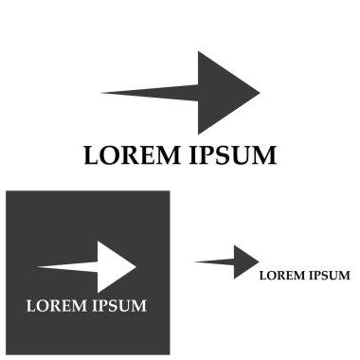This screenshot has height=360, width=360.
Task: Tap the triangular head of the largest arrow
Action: pyautogui.click(x=223, y=93)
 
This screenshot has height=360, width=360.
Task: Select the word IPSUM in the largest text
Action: pyautogui.click(x=232, y=154)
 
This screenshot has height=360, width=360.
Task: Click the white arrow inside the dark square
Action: pyautogui.click(x=95, y=267)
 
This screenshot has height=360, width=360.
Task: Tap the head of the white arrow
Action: pyautogui.click(x=117, y=267)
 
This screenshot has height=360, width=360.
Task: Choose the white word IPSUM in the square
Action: pyautogui.click(x=118, y=305)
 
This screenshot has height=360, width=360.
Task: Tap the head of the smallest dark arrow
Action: pyautogui.click(x=245, y=261)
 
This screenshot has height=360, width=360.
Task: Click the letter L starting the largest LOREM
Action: pyautogui.click(x=92, y=154)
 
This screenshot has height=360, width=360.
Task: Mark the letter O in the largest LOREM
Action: pyautogui.click(x=110, y=154)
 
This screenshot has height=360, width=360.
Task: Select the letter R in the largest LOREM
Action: pyautogui.click(x=130, y=154)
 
